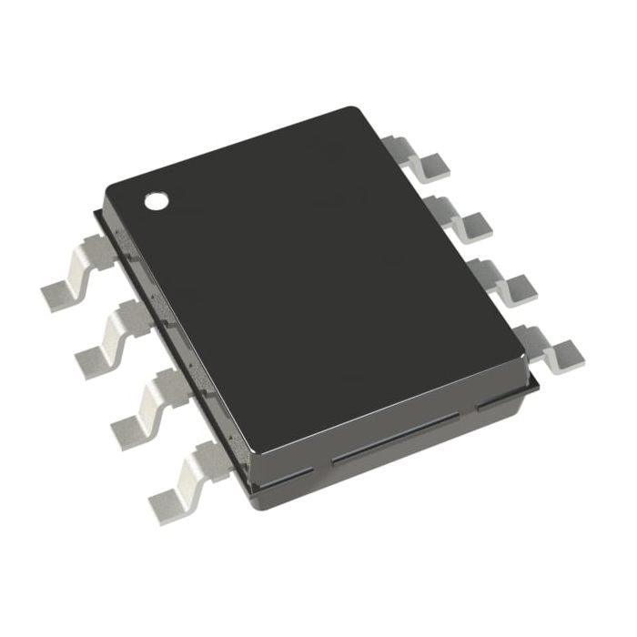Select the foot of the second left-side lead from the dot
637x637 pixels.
(x=96, y=358)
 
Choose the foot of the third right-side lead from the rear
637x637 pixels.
(x=515, y=285)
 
